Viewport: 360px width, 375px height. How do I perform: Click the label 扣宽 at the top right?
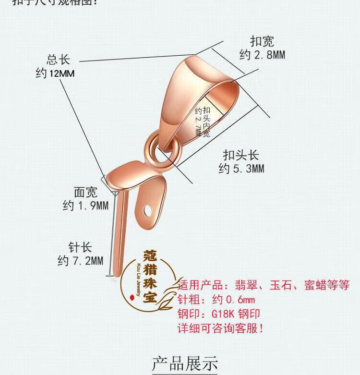pos(262,41)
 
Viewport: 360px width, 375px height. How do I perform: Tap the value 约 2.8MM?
pos(262,55)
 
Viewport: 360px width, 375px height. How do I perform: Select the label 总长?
pos(59,60)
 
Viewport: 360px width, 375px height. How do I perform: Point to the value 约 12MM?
pos(55,74)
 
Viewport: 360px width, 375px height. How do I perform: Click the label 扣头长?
pos(241,155)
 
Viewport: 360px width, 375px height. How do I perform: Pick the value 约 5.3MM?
pos(241,169)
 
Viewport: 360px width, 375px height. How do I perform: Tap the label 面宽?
pos(85,192)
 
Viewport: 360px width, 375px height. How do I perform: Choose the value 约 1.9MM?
pos(85,206)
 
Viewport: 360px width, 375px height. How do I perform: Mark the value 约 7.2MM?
pos(80,261)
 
